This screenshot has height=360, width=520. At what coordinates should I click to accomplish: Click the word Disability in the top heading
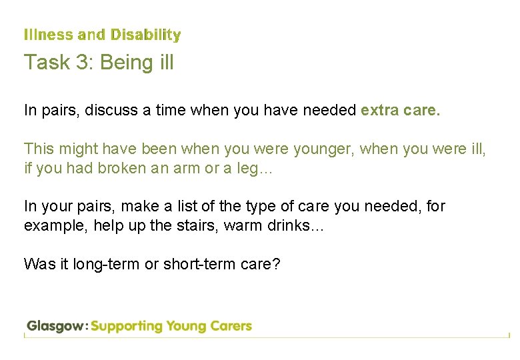click(145, 35)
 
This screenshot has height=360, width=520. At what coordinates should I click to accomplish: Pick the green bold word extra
click(380, 111)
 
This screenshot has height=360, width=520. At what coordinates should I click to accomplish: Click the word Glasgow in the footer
click(55, 327)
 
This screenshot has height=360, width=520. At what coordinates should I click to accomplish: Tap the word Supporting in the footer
click(127, 327)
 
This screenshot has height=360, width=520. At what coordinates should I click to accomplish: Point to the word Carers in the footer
click(229, 327)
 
